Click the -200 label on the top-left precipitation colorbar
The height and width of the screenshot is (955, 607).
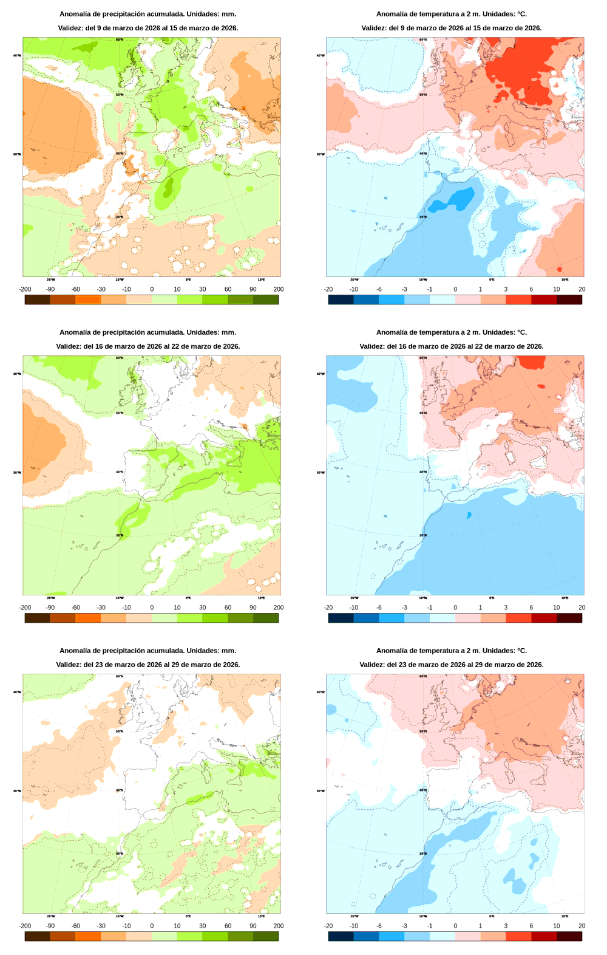[25, 289]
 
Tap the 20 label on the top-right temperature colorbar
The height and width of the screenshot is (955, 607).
[582, 289]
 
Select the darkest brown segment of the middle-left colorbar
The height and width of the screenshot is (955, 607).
[37, 618]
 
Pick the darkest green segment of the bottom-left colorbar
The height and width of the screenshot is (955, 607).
[265, 936]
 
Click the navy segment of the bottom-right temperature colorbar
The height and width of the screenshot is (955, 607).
[341, 936]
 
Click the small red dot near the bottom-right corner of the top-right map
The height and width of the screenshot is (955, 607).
[559, 269]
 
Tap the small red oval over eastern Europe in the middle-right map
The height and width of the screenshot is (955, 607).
[541, 386]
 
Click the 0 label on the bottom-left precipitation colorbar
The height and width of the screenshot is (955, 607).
[152, 926]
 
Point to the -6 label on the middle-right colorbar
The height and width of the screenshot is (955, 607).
[379, 608]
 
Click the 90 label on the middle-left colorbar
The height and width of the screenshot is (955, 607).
[253, 608]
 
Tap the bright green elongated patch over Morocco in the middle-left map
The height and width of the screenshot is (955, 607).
[135, 515]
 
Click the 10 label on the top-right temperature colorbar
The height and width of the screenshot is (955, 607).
[556, 289]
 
